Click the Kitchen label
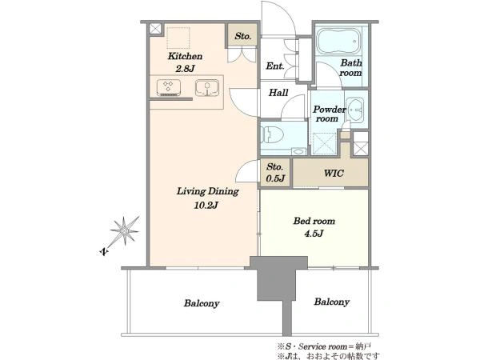[185, 56]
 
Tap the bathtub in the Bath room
[338, 41]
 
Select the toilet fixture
[272, 134]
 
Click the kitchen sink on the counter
[207, 88]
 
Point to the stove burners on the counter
[168, 88]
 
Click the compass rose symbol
[125, 230]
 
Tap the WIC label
[334, 174]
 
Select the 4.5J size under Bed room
[314, 234]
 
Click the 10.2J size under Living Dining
[206, 205]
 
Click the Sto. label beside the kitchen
[242, 36]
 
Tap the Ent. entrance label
[275, 66]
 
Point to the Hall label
[278, 92]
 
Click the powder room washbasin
[355, 110]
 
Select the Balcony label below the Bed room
[331, 302]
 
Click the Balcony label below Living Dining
[202, 303]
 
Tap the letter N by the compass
[104, 252]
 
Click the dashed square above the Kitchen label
[178, 38]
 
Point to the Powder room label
[329, 114]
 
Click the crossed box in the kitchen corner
[155, 29]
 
